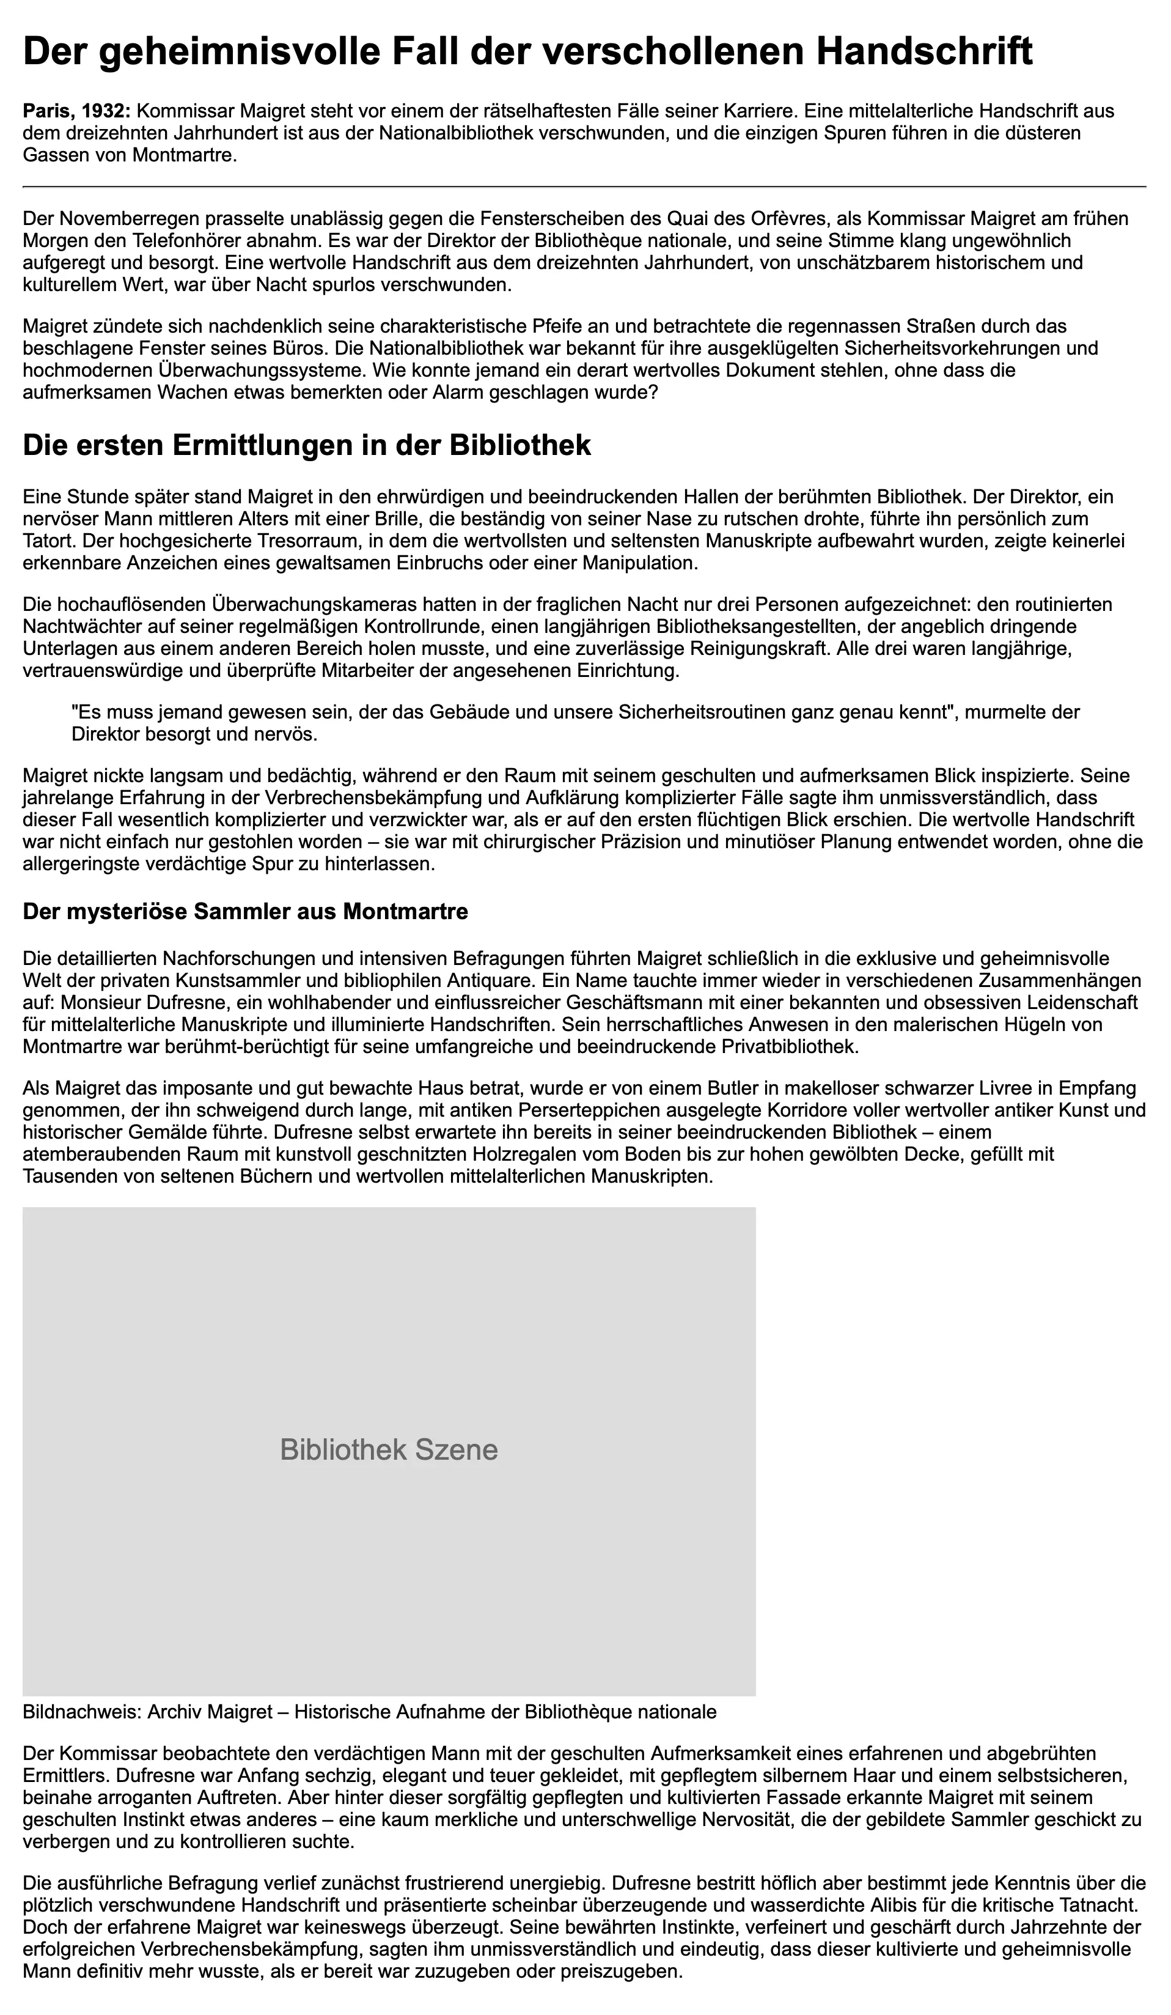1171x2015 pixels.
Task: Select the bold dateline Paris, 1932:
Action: click(76, 111)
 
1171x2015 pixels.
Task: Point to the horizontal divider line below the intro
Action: click(584, 187)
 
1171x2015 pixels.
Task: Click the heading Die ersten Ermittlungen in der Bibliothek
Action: click(307, 445)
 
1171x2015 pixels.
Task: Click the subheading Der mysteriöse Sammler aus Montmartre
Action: click(246, 912)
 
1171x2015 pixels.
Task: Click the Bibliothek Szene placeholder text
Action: click(389, 1450)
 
